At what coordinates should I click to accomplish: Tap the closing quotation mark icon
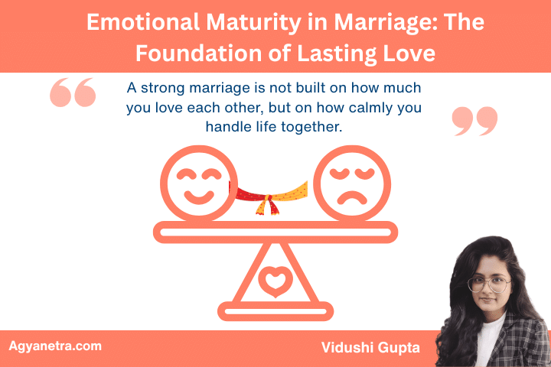pos(474,121)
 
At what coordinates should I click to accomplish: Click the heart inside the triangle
pos(275,280)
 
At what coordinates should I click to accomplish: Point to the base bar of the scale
pos(275,311)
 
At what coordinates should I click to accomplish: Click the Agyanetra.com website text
pos(55,346)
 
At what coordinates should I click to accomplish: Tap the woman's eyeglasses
pos(488,284)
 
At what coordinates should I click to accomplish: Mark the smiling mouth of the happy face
pos(197,197)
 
